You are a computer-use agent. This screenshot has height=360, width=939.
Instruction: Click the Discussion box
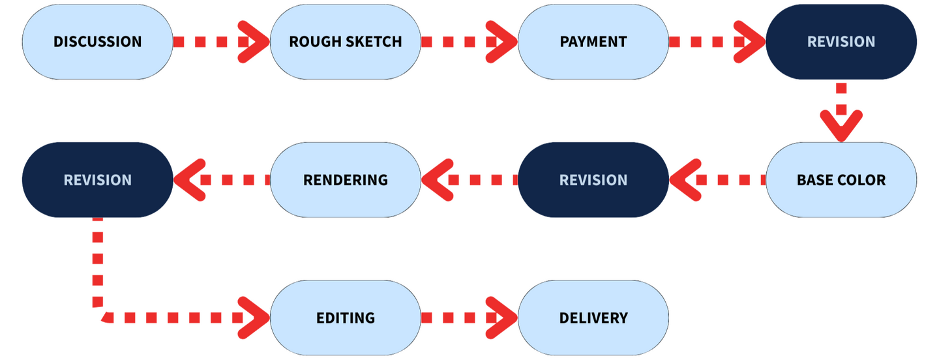point(98,42)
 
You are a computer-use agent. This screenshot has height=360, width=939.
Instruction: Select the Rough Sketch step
point(346,42)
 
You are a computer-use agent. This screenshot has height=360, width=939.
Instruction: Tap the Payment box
point(593,42)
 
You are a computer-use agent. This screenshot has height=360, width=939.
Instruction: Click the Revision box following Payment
point(841,42)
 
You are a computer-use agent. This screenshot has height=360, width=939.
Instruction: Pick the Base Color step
point(841,180)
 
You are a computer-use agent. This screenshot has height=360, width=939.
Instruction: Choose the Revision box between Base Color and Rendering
point(593,180)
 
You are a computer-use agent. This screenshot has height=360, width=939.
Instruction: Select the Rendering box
point(346,180)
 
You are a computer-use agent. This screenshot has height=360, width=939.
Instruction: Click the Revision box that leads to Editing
point(98,180)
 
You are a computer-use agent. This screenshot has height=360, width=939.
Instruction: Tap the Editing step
point(346,318)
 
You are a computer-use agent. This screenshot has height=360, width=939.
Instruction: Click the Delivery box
point(593,318)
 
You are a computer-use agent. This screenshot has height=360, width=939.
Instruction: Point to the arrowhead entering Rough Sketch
point(254,42)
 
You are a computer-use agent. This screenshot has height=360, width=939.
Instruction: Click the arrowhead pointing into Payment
point(502,42)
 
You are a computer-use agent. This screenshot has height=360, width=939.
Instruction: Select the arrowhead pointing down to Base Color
point(841,126)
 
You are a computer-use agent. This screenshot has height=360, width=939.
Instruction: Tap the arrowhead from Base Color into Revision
point(685,180)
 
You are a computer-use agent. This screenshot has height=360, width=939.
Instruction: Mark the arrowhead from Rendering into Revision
point(190,180)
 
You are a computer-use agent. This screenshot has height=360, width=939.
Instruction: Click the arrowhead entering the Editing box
point(254,318)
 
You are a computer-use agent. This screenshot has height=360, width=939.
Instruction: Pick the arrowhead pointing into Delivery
point(502,318)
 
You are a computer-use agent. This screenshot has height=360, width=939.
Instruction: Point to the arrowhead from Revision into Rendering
point(438,180)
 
